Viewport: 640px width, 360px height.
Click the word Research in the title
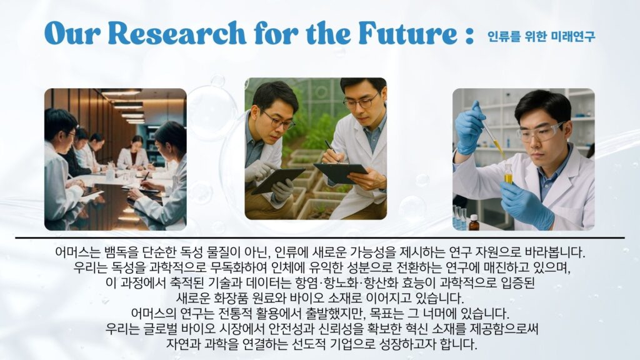[x=177, y=32]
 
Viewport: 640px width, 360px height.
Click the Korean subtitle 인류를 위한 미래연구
[x=541, y=37]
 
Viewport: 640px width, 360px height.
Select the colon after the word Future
[x=469, y=34]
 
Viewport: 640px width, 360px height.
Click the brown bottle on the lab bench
[x=474, y=222]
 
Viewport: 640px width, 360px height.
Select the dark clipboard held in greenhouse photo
[x=341, y=171]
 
